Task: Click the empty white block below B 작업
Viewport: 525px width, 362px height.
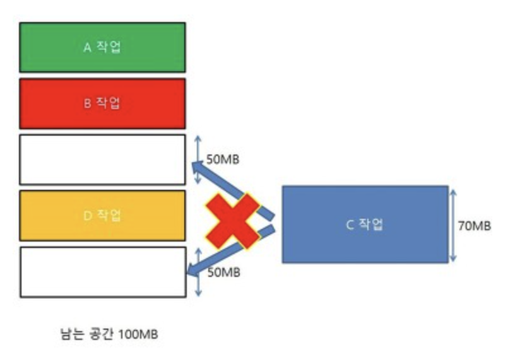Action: (x=102, y=160)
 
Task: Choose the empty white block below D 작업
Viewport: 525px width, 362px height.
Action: (x=102, y=272)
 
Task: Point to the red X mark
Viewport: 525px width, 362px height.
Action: (x=233, y=219)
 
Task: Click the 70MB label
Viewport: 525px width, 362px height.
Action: (x=475, y=225)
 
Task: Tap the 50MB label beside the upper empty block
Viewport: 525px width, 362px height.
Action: (x=222, y=159)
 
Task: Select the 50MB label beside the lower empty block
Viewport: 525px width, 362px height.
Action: (x=222, y=272)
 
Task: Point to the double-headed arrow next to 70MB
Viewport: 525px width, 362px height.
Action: (x=453, y=224)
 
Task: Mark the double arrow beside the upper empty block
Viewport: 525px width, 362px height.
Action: (x=198, y=159)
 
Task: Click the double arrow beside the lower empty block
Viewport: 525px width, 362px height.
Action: (x=198, y=272)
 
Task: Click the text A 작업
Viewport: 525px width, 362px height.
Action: (x=102, y=47)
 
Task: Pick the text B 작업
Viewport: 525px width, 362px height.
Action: (x=102, y=103)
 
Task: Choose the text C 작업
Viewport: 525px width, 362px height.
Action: (x=365, y=225)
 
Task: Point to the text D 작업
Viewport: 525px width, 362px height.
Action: (x=102, y=216)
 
